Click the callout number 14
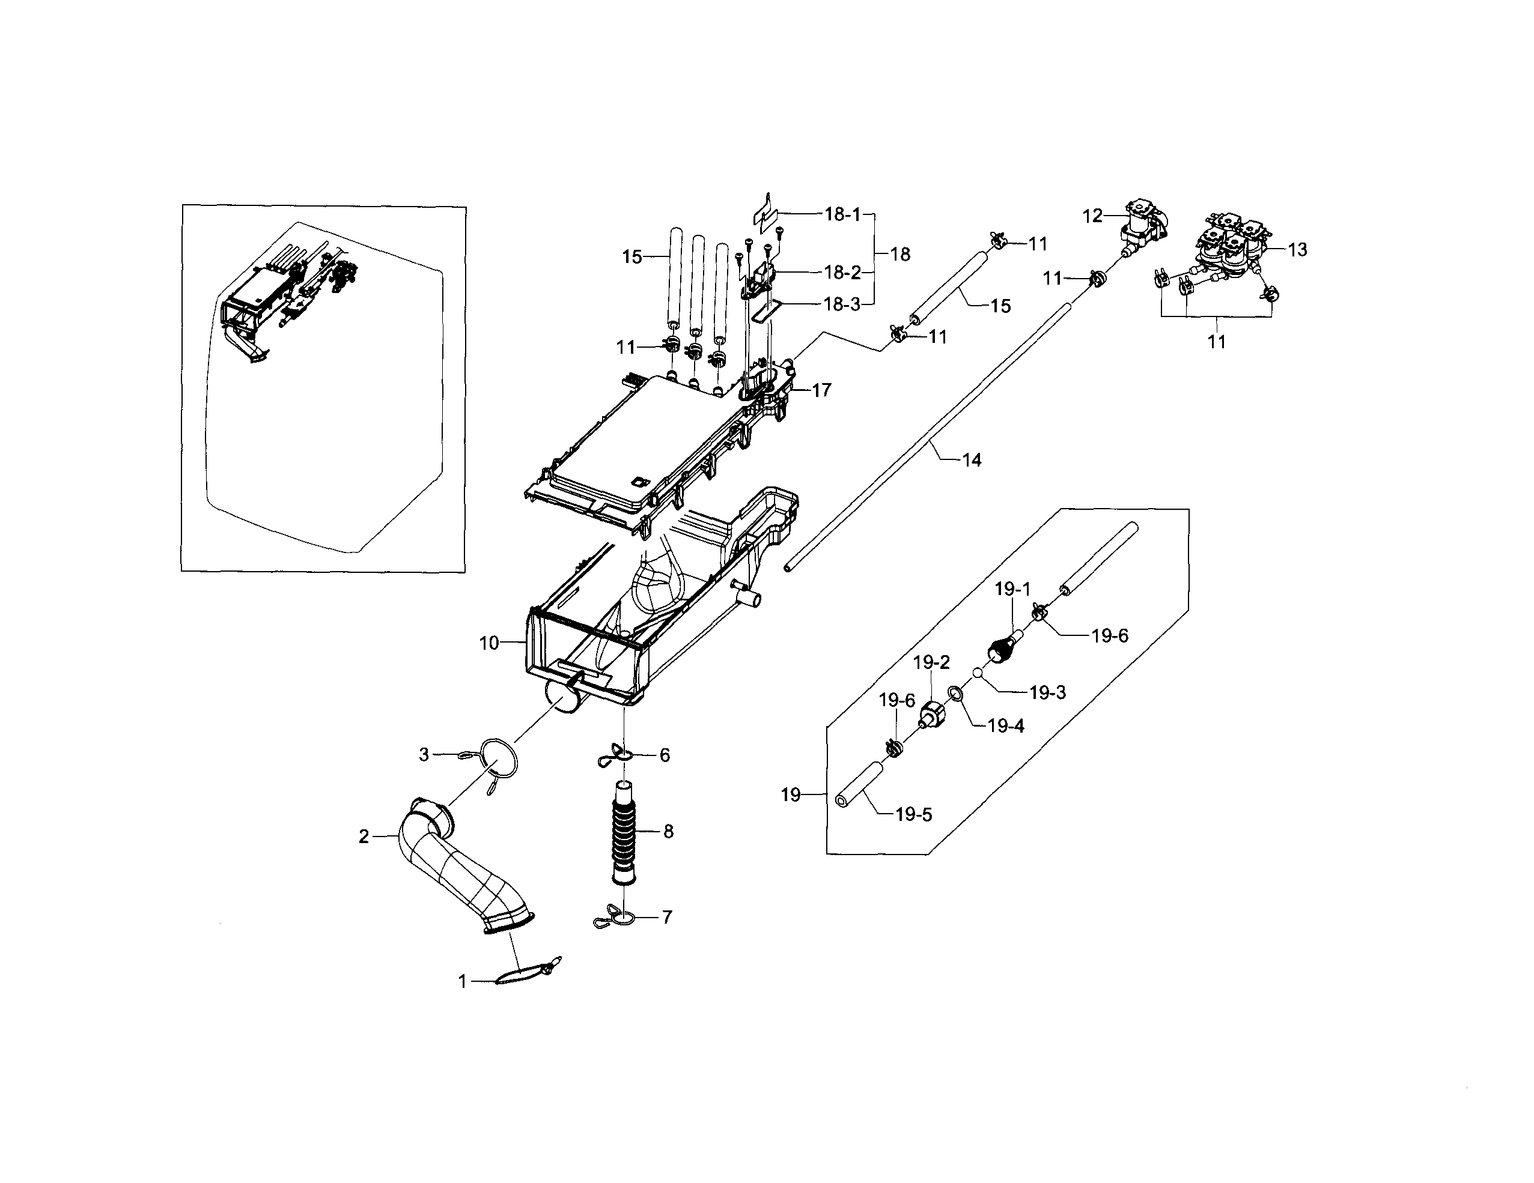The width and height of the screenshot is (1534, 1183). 972,461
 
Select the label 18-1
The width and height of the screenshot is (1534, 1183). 842,214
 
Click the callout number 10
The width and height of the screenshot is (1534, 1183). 489,643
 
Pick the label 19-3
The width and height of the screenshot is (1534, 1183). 1047,693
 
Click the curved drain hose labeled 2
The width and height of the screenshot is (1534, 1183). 464,867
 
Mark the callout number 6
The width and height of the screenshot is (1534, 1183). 665,755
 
